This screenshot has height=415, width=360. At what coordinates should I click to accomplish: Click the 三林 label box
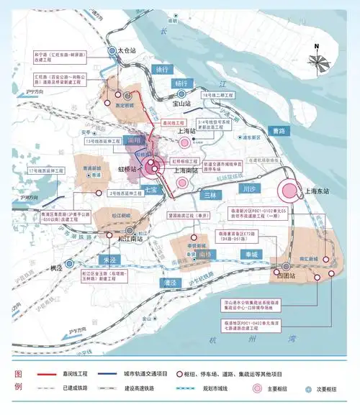[209, 195]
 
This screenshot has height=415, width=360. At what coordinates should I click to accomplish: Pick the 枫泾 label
[56, 268]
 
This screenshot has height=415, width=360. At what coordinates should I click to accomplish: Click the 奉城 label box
[249, 255]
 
